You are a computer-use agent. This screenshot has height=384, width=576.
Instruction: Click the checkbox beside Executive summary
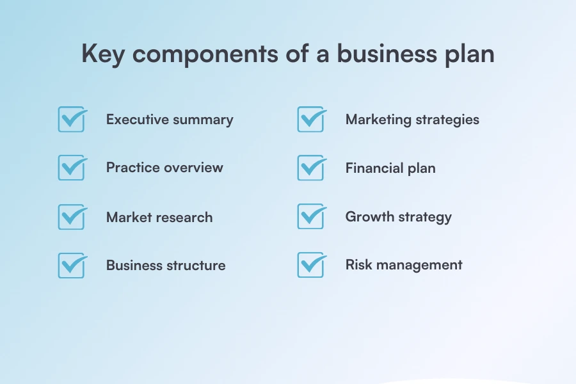(x=71, y=120)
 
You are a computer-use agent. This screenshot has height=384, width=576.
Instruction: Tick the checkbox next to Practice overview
(x=71, y=168)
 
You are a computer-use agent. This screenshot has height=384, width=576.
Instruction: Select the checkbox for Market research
(x=71, y=217)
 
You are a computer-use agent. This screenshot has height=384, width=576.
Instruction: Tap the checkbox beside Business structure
(x=71, y=265)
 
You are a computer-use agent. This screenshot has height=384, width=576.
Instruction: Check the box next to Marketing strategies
(x=310, y=120)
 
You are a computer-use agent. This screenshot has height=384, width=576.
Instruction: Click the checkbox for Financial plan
(x=310, y=168)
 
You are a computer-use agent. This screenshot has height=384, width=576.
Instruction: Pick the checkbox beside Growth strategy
(x=310, y=216)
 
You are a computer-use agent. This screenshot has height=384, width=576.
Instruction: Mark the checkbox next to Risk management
(x=310, y=265)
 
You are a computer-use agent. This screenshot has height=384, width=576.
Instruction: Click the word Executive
(x=137, y=120)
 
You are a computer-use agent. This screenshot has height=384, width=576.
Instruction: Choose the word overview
(x=193, y=168)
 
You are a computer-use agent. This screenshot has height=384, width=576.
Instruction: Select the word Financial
(x=374, y=168)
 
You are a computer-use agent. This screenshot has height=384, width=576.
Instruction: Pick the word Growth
(x=367, y=216)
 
